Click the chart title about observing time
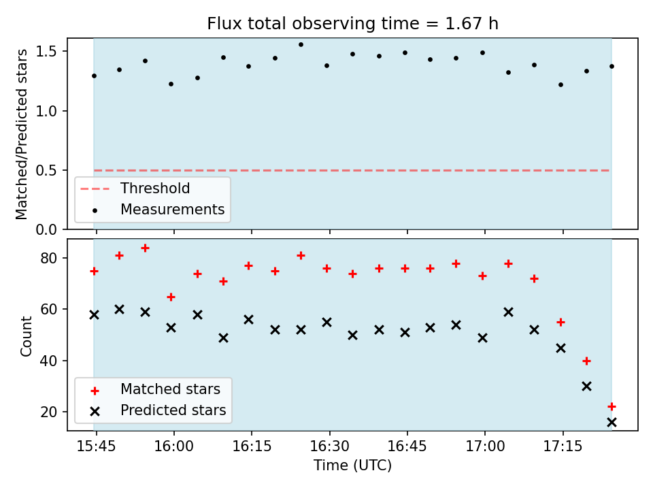click(x=353, y=23)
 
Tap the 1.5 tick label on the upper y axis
click(x=46, y=51)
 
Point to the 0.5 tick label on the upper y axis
click(x=46, y=170)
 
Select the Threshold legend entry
click(x=135, y=189)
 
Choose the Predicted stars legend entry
click(x=158, y=410)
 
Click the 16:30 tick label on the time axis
click(x=329, y=446)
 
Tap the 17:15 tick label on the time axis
click(x=563, y=446)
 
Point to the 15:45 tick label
click(x=96, y=446)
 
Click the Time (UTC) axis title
click(x=353, y=465)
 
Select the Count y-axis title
click(x=26, y=336)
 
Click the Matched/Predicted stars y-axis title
click(x=21, y=134)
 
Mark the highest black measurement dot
click(x=301, y=45)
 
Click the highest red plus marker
click(x=145, y=248)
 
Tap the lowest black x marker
click(x=612, y=423)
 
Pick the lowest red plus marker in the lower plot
click(x=612, y=406)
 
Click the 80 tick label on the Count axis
click(x=49, y=259)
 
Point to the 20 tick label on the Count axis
click(x=49, y=412)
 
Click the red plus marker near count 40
click(x=586, y=361)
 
